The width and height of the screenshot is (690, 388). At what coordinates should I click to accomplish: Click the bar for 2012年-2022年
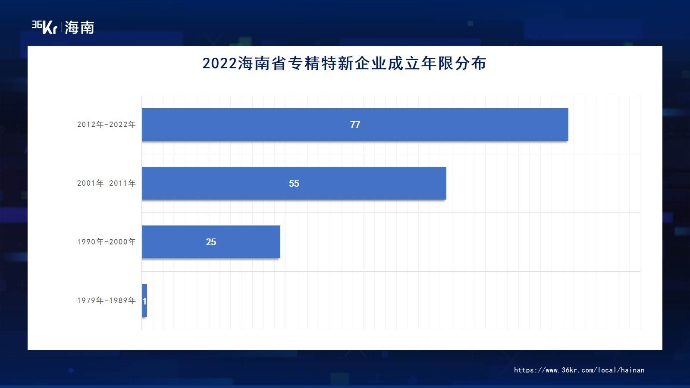(x=355, y=125)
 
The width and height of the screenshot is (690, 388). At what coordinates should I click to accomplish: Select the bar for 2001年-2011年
(x=294, y=183)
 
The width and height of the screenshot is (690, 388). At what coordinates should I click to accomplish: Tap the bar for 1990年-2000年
(x=211, y=242)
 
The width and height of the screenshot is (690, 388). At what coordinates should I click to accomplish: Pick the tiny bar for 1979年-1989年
(x=144, y=300)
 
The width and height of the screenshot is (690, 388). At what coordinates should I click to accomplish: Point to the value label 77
(x=355, y=125)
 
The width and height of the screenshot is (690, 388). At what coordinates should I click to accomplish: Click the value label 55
(x=294, y=183)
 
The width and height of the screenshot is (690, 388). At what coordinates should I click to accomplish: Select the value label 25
(x=211, y=242)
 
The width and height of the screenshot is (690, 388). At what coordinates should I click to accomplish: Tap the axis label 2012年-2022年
(x=106, y=125)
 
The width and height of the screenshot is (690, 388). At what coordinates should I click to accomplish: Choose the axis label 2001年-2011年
(x=106, y=183)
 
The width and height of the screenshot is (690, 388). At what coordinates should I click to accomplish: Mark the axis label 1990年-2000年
(x=106, y=242)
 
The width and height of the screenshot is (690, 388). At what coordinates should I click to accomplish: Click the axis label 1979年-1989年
(x=106, y=300)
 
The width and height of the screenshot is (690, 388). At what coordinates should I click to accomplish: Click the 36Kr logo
(x=44, y=27)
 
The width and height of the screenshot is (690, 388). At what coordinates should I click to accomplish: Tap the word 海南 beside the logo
(x=79, y=28)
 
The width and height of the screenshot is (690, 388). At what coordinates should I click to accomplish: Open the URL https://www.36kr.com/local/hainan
(x=579, y=370)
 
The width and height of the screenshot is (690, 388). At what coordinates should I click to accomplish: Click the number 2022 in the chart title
(x=220, y=63)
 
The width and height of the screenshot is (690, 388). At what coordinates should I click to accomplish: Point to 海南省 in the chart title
(x=262, y=63)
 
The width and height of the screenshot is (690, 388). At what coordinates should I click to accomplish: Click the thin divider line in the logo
(x=61, y=27)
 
